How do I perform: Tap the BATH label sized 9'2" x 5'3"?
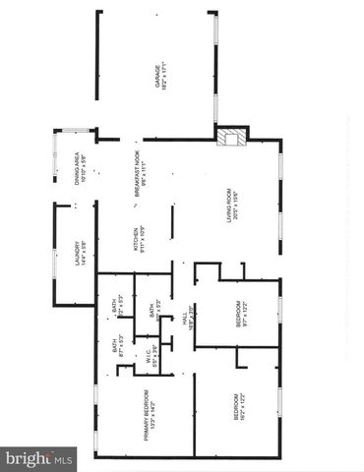(x=114, y=309)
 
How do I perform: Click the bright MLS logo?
(x=39, y=458)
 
